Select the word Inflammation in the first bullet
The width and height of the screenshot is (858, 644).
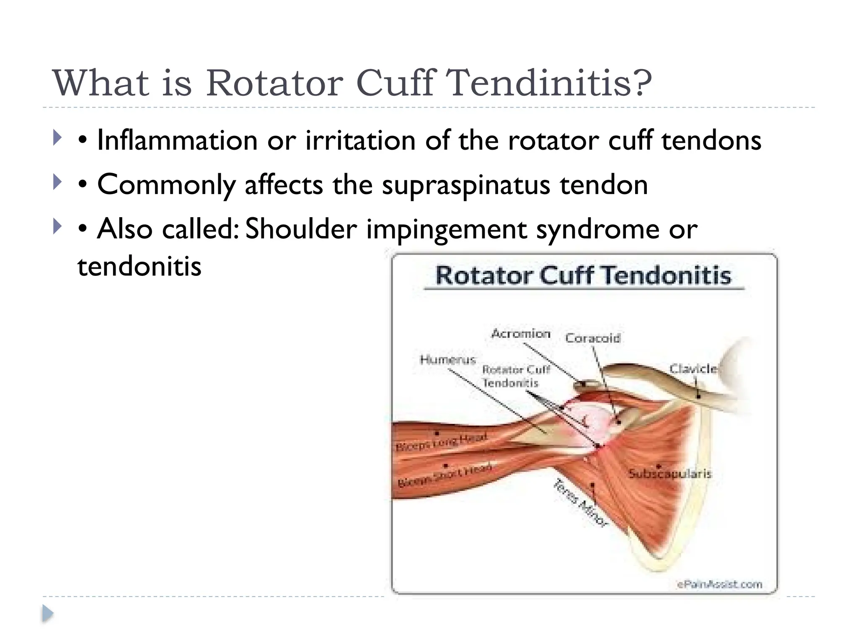[177, 140]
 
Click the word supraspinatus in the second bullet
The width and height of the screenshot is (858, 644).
[465, 185]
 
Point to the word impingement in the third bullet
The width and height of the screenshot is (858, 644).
[446, 230]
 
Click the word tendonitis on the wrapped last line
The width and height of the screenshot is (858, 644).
[139, 266]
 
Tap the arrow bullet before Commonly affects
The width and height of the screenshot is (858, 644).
[57, 182]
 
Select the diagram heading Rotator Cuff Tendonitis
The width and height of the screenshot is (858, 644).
[583, 276]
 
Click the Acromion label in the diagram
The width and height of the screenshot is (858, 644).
[521, 334]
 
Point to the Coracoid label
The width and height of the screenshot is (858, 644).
[592, 338]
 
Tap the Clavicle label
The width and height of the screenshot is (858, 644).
[693, 369]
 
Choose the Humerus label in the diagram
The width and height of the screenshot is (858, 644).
[448, 360]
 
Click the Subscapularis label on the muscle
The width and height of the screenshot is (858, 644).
[669, 474]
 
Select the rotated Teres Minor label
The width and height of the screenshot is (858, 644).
[580, 503]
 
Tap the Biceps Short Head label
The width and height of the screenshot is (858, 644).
[444, 475]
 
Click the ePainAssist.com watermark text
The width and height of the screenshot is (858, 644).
[719, 584]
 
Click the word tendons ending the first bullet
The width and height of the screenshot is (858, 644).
[711, 140]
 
